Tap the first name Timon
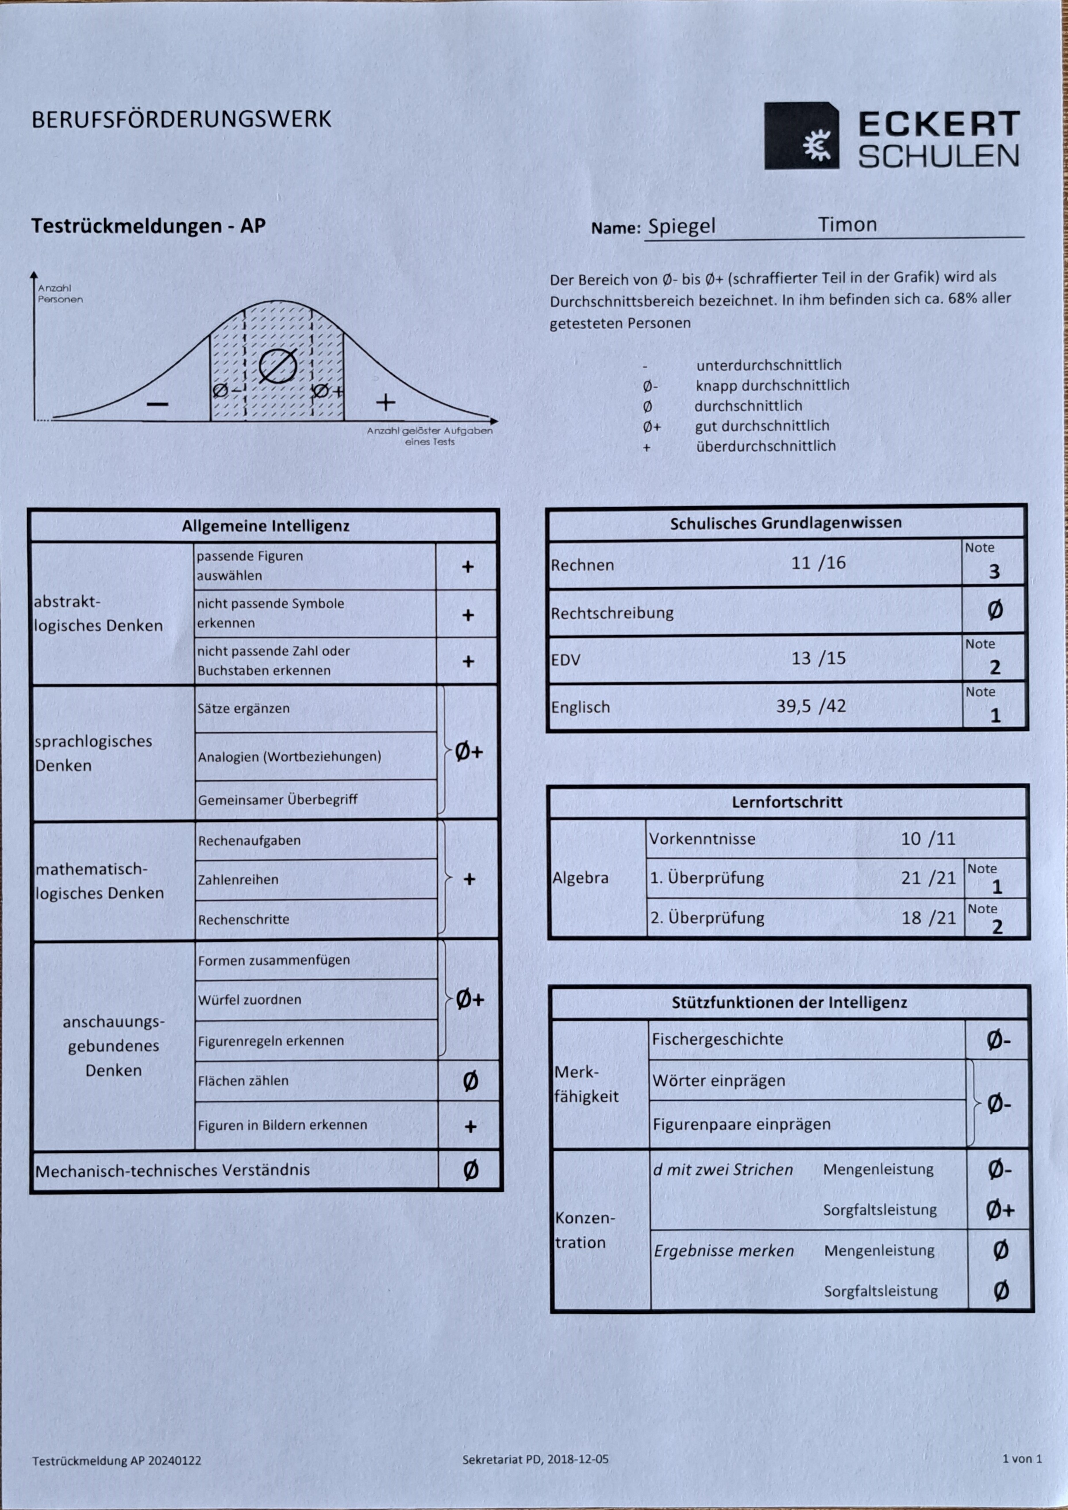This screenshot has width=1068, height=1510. [x=847, y=225]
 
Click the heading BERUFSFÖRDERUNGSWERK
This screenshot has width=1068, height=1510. [x=181, y=120]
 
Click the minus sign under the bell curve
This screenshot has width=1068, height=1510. [x=157, y=403]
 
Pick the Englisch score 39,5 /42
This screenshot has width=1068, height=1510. [x=811, y=706]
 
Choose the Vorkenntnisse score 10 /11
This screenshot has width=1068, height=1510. [x=927, y=839]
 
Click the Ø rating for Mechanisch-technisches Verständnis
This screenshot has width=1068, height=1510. [x=470, y=1170]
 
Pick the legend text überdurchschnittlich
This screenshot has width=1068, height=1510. [x=765, y=446]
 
